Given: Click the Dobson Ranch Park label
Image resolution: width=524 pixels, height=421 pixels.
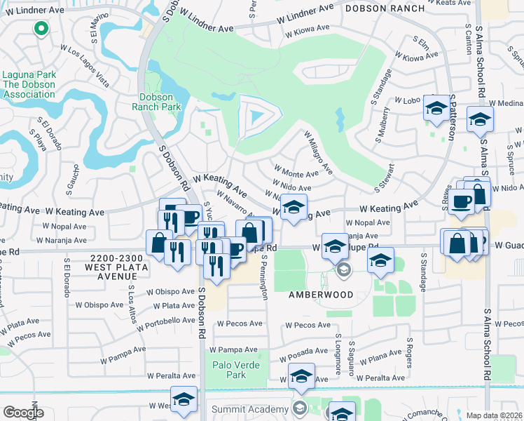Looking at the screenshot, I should point(156,102).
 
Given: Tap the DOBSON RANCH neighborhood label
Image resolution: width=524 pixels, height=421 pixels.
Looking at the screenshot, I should point(385,8).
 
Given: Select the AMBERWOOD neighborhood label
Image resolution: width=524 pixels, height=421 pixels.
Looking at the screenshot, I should point(322,295).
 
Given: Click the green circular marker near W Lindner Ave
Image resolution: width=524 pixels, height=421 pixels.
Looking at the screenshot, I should point(41,29).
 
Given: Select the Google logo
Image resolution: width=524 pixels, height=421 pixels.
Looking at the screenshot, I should point(23,413).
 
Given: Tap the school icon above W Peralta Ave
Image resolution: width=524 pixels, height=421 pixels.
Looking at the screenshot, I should point(302,377).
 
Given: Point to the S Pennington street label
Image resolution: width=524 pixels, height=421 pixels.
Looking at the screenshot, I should point(265,276).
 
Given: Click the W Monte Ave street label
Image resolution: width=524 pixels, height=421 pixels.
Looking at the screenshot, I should point(297,173).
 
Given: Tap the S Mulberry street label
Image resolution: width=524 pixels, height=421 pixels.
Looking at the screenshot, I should point(385,125).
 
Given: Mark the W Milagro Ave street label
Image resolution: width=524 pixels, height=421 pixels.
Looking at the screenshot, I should point(317,153).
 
